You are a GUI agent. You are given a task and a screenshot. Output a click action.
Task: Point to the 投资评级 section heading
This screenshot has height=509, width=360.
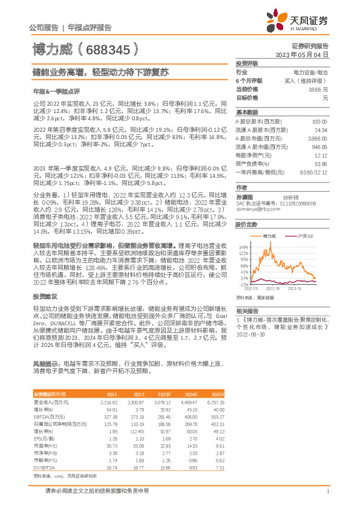(x=246, y=63)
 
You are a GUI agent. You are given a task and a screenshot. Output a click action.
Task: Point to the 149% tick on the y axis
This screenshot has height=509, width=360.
(x=244, y=247)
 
